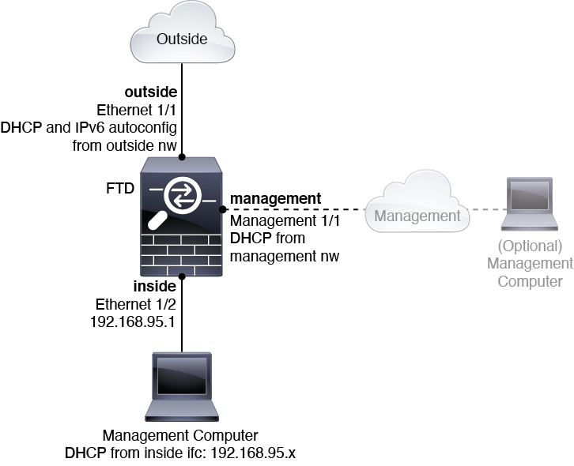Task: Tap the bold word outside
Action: click(x=151, y=93)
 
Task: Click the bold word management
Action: click(x=275, y=198)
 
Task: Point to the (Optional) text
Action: click(x=529, y=246)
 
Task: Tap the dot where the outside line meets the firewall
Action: click(x=182, y=156)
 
